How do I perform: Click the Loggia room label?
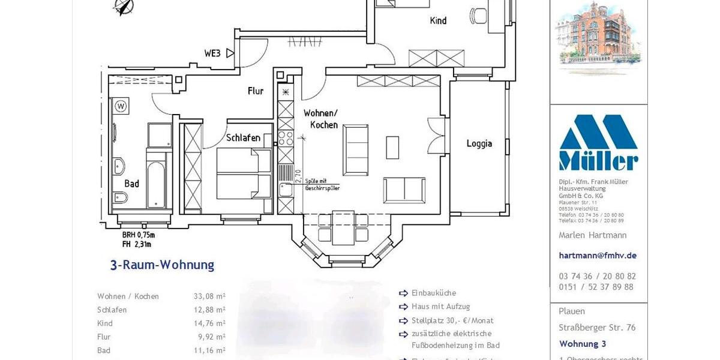point(479,143)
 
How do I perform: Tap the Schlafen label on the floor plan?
point(243,137)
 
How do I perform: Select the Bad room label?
point(131,184)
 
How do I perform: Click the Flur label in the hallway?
point(256,91)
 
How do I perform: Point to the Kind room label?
point(438,20)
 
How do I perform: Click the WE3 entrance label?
point(212,53)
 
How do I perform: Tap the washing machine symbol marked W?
point(121,107)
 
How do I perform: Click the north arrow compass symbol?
point(124,7)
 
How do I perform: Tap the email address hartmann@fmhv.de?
point(598,255)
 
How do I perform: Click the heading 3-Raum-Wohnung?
point(162,265)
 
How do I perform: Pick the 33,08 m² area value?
point(206,296)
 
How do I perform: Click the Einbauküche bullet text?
point(434,293)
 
